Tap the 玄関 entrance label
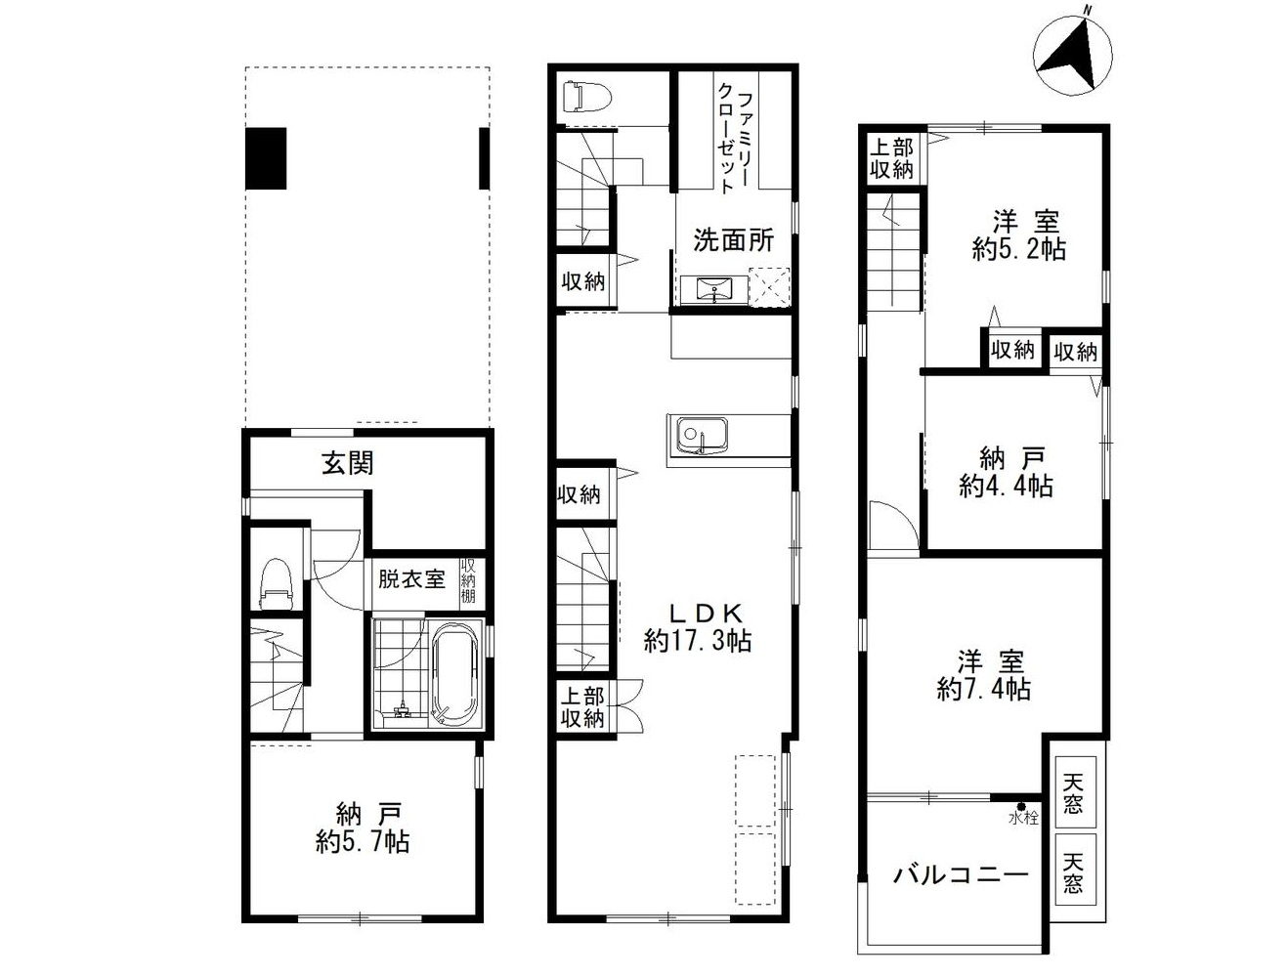click(x=347, y=464)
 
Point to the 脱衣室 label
click(x=411, y=579)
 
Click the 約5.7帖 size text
click(x=362, y=843)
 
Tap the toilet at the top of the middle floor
click(x=586, y=97)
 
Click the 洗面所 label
click(x=734, y=239)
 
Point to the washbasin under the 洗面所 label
click(x=713, y=290)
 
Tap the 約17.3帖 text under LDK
click(x=698, y=641)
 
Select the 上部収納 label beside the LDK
click(x=582, y=707)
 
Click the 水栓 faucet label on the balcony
click(x=1023, y=818)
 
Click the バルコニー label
click(x=961, y=875)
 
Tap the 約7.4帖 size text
click(x=983, y=689)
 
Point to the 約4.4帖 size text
click(x=1006, y=486)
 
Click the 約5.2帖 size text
click(x=1018, y=249)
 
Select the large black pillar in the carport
click(x=266, y=158)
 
